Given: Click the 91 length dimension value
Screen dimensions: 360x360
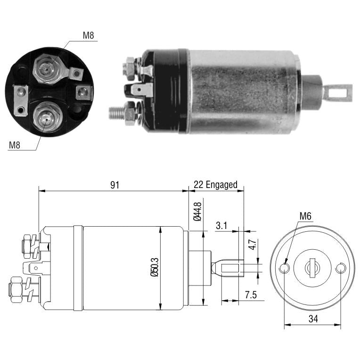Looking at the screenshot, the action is [115, 185].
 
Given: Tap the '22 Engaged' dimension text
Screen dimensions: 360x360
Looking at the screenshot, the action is [216, 185].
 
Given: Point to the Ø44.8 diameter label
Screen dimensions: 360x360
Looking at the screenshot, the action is [197, 212].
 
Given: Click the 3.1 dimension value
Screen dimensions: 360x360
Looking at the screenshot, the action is [221, 225].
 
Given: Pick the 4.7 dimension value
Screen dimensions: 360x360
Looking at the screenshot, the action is [253, 245].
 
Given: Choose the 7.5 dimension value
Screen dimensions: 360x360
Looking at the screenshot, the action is [251, 295].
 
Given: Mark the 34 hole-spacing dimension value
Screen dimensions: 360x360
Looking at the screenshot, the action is [313, 319].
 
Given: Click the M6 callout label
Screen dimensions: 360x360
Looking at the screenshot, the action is [305, 216].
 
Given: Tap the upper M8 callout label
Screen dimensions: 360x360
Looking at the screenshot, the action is [89, 35].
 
